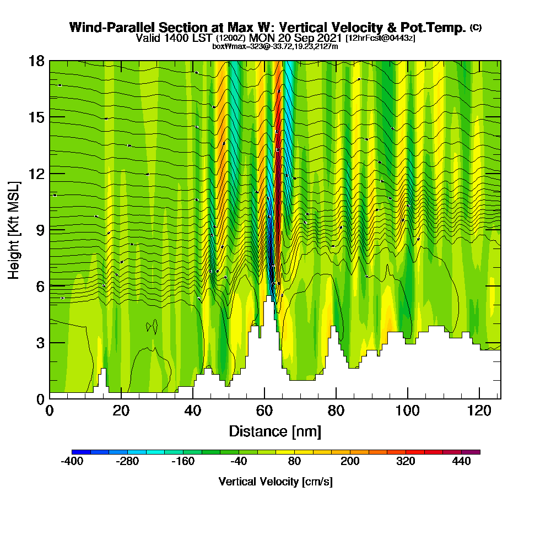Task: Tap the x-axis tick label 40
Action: (x=193, y=411)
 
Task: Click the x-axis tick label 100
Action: (x=407, y=411)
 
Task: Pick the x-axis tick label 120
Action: (x=479, y=411)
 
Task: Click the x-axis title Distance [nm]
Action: (x=275, y=431)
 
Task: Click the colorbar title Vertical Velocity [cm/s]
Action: (x=275, y=482)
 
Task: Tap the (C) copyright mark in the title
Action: (x=476, y=27)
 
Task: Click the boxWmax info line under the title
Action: (x=275, y=46)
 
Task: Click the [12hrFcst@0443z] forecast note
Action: (x=380, y=38)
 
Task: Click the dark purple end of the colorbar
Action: (x=474, y=452)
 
